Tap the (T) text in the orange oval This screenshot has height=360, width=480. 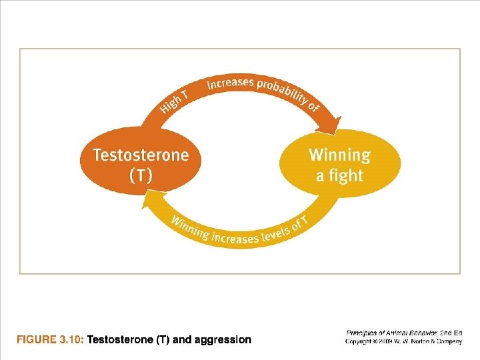[141, 176]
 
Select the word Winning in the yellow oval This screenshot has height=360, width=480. [339, 155]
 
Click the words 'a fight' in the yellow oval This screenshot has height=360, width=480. [339, 176]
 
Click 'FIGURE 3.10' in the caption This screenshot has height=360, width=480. [49, 340]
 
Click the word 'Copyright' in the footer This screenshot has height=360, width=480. [361, 341]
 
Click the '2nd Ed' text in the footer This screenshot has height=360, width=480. [451, 332]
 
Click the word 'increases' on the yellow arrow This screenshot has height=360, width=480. [239, 237]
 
